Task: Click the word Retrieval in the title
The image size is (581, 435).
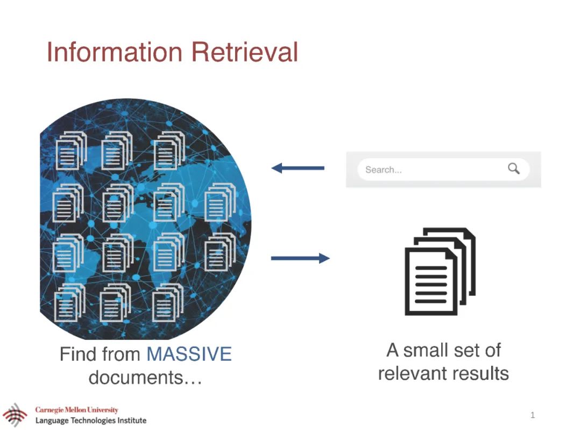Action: click(x=245, y=53)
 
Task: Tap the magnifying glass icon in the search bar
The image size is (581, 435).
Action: click(x=514, y=169)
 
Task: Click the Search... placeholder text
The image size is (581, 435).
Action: click(x=384, y=170)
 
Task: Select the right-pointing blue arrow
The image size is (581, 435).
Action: click(x=300, y=258)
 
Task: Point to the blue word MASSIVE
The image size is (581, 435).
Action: click(x=189, y=354)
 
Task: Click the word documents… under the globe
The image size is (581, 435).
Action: click(x=145, y=378)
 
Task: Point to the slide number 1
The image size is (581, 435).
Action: click(x=533, y=415)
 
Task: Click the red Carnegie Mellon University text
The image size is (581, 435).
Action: click(x=77, y=410)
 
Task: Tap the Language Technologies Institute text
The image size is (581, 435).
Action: click(x=91, y=421)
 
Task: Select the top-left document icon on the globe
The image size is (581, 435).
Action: click(x=70, y=150)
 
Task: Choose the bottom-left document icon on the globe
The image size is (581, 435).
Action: click(x=69, y=303)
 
